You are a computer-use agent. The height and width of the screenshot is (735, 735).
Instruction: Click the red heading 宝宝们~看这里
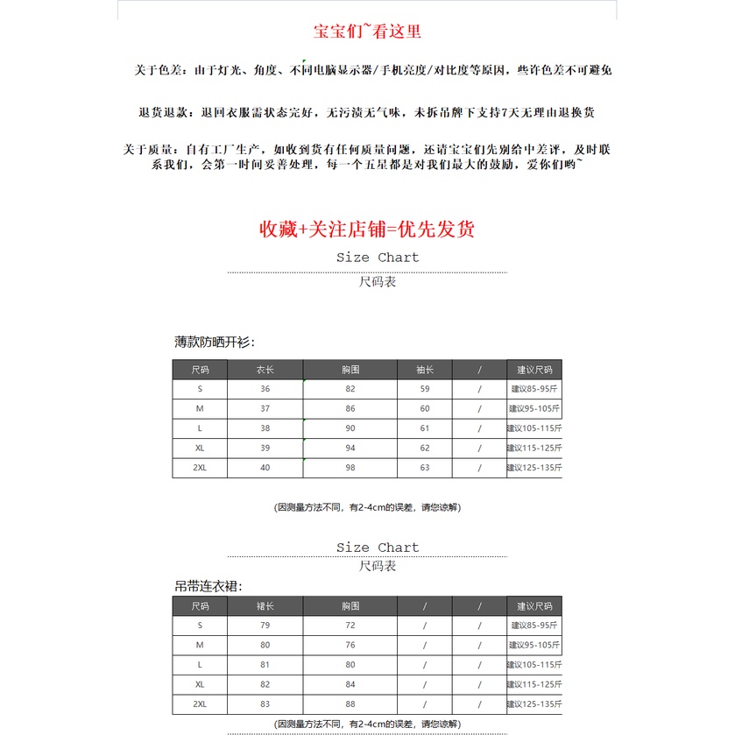(367, 32)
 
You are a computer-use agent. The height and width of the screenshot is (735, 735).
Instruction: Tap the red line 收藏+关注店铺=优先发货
(367, 230)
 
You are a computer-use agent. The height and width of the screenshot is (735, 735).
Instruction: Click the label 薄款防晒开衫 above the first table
(215, 342)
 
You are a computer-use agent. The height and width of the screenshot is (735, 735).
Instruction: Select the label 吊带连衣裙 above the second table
(208, 585)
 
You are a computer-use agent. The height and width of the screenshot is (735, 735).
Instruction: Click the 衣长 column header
(265, 370)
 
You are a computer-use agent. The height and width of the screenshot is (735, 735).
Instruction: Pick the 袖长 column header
(425, 370)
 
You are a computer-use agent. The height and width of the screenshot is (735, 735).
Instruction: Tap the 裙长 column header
(265, 606)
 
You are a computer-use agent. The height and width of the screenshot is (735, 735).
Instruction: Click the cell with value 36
(265, 389)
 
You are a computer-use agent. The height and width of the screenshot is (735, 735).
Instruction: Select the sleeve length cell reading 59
(425, 389)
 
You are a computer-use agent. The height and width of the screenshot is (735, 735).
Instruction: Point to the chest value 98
(350, 468)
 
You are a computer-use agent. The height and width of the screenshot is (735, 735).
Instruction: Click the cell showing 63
(425, 468)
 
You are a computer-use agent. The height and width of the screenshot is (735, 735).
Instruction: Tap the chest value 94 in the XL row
(350, 448)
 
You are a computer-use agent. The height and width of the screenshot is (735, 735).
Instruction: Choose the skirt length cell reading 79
(265, 625)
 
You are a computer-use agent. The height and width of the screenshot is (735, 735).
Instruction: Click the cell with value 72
(350, 625)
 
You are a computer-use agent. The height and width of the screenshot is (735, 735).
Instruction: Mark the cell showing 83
(265, 704)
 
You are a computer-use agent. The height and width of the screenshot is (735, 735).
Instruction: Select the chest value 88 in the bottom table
(350, 704)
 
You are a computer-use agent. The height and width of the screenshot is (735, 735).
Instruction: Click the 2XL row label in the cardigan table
(200, 468)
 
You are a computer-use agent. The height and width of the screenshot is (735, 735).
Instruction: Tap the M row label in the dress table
(200, 646)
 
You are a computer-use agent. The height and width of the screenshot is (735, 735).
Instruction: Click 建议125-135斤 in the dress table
(534, 704)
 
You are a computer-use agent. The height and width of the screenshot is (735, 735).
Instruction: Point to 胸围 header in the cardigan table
(350, 370)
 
